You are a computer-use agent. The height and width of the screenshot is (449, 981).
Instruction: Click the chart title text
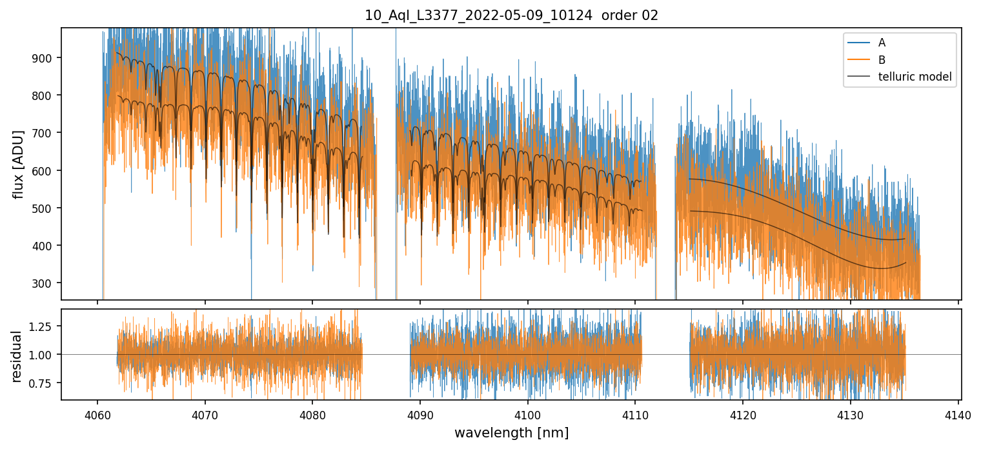click(511, 15)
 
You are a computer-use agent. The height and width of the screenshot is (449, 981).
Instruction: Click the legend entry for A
click(882, 43)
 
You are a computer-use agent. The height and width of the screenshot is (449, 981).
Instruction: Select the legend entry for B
click(882, 60)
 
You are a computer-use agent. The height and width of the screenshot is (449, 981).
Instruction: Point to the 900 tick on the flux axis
click(47, 58)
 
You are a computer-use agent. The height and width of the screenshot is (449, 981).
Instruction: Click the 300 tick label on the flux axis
click(47, 283)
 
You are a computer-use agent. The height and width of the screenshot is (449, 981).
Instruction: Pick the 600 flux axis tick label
click(47, 170)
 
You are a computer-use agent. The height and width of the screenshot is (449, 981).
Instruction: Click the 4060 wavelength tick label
click(97, 414)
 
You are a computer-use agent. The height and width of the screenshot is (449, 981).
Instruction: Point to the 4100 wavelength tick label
click(527, 414)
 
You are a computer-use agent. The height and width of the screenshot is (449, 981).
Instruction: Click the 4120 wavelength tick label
click(742, 414)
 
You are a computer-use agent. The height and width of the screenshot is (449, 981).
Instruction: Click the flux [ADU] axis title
click(19, 164)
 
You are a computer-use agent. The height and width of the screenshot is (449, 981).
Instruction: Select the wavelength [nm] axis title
click(511, 432)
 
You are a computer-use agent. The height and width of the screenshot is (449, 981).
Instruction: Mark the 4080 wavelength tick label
click(312, 414)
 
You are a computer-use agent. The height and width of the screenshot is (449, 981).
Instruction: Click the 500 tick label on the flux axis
click(47, 208)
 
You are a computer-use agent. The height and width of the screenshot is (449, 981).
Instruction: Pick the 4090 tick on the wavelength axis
click(420, 414)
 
